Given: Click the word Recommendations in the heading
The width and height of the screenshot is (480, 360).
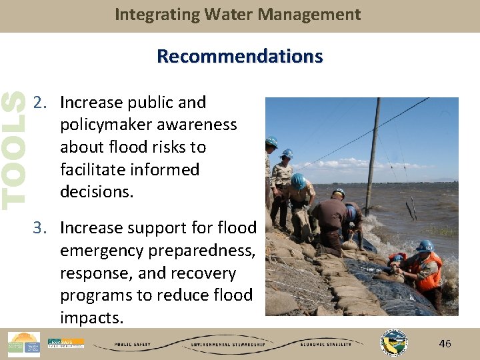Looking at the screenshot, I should click(239, 56).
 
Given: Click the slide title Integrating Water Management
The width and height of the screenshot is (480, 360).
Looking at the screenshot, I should click(238, 15).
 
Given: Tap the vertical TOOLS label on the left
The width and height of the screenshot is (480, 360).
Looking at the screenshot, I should click(13, 148).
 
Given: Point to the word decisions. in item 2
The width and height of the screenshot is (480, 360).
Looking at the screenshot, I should click(97, 192).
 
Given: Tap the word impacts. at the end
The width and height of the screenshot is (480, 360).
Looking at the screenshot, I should click(91, 318).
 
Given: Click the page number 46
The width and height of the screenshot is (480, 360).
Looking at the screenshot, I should click(445, 344).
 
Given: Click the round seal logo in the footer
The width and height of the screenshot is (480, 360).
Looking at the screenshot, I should click(393, 343).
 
